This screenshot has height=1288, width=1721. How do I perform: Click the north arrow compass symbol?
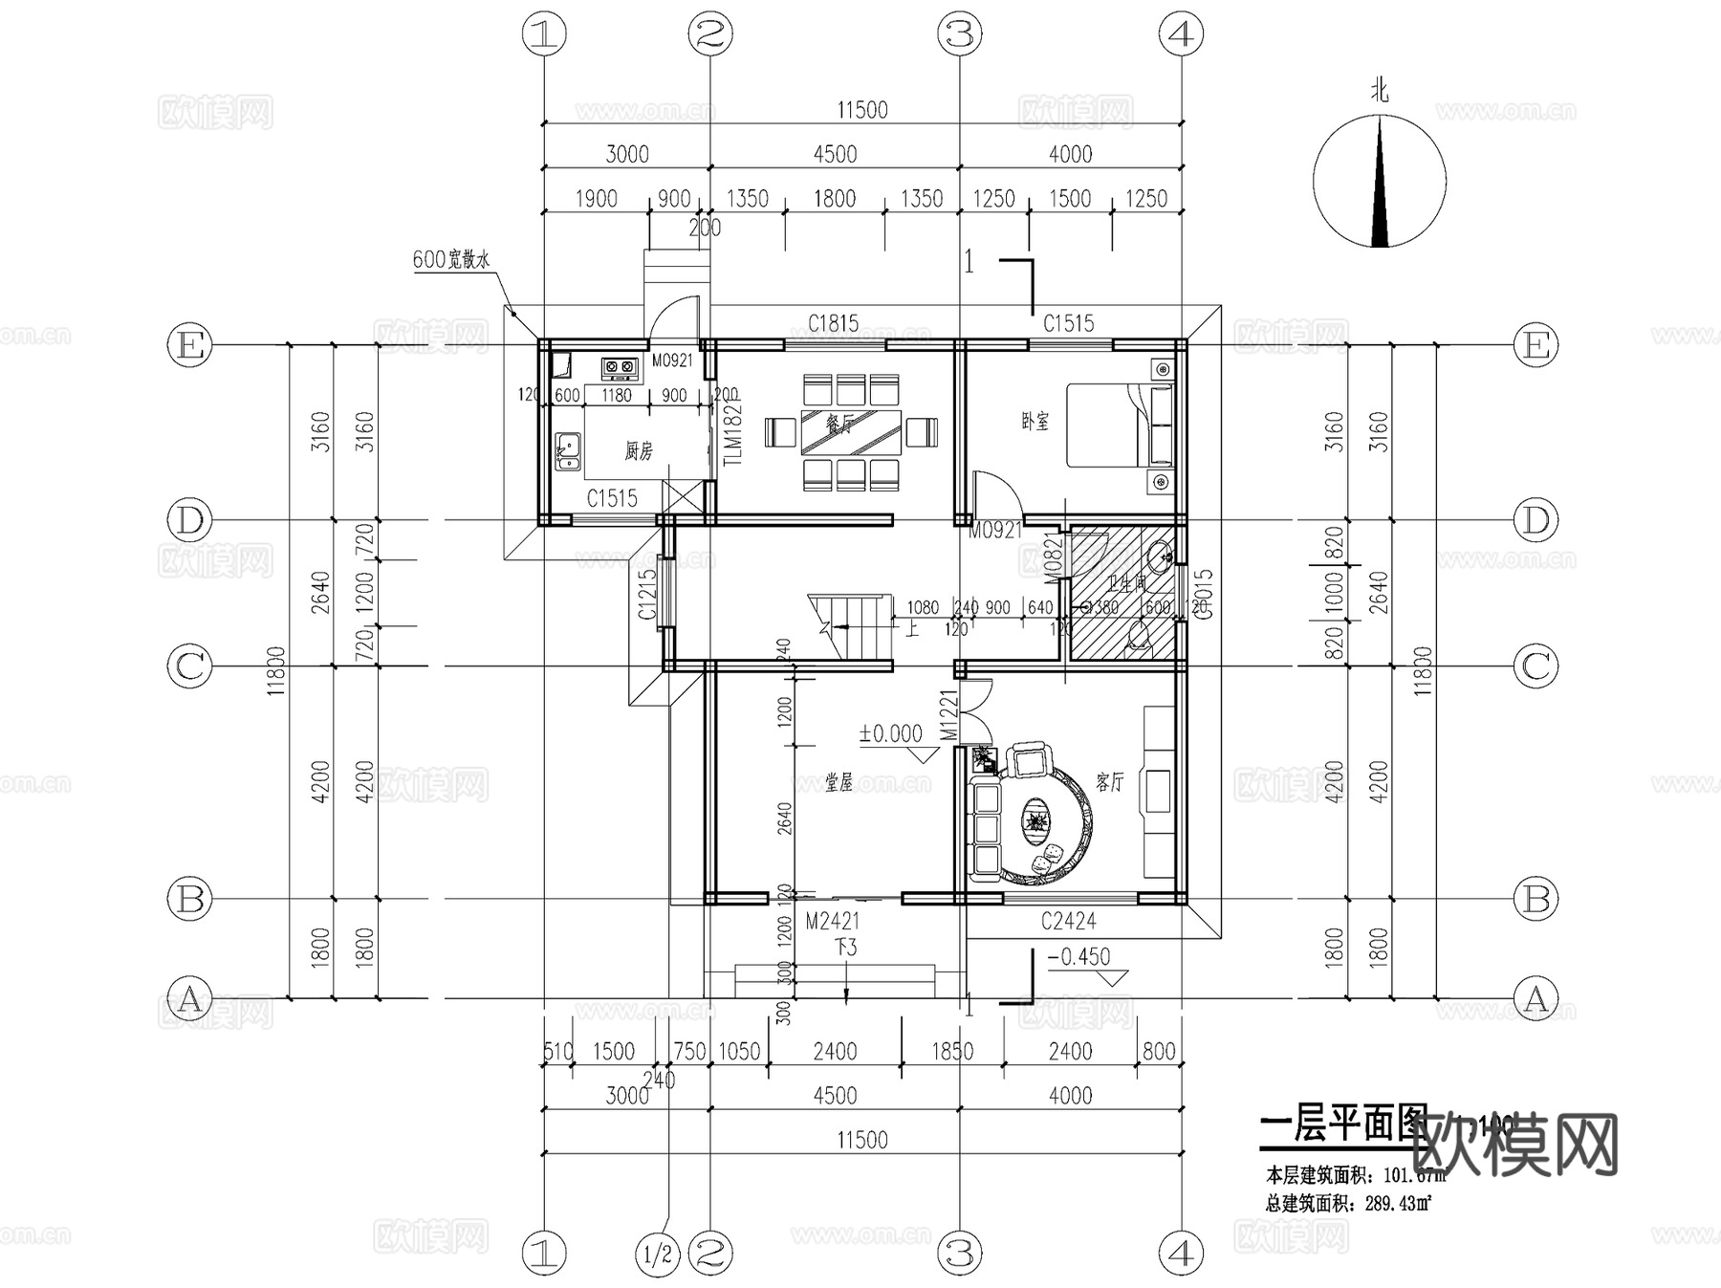[1379, 181]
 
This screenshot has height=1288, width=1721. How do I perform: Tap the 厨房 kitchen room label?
[639, 450]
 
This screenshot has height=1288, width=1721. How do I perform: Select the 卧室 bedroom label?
[1035, 422]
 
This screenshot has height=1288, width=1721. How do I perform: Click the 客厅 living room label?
[1109, 782]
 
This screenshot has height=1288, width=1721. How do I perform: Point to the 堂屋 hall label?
[839, 783]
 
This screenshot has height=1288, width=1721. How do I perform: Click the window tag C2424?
[1068, 922]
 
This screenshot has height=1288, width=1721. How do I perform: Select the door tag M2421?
[832, 922]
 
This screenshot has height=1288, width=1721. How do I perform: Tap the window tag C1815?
[833, 324]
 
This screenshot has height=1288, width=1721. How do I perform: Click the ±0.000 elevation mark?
[890, 733]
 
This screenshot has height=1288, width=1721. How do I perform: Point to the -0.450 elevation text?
[1078, 957]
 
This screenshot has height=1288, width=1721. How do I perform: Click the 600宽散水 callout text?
[451, 259]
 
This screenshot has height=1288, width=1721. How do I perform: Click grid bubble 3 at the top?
[959, 34]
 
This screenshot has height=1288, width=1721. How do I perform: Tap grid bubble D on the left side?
[189, 521]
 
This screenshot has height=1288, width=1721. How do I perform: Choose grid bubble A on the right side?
[1536, 999]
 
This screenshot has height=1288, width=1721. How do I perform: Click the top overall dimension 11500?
[861, 110]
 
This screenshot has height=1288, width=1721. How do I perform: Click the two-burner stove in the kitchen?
[620, 366]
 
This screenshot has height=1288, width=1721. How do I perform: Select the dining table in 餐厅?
[850, 433]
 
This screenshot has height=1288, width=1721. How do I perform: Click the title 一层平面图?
[1343, 1125]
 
